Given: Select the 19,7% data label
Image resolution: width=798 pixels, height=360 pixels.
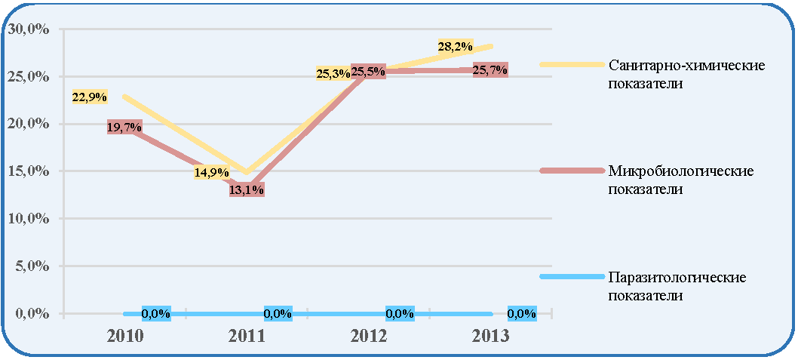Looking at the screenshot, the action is pyautogui.click(x=124, y=127).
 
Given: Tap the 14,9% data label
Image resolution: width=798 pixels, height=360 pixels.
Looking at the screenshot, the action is pyautogui.click(x=211, y=172).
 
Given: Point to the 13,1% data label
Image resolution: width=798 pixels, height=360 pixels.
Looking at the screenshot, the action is pyautogui.click(x=247, y=190).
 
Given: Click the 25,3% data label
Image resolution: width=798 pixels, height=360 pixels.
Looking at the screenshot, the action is pyautogui.click(x=333, y=74).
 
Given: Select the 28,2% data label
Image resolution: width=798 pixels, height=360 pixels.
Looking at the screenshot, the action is pyautogui.click(x=456, y=46).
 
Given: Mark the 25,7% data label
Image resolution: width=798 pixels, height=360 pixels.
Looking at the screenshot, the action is pyautogui.click(x=490, y=69).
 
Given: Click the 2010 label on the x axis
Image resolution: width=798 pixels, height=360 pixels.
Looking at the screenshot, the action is pyautogui.click(x=124, y=337).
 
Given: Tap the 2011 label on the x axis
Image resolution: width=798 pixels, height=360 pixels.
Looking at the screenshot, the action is pyautogui.click(x=247, y=337).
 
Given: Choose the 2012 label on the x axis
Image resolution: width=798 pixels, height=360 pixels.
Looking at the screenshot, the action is pyautogui.click(x=369, y=337).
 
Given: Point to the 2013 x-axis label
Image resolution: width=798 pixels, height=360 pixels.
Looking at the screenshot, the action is pyautogui.click(x=490, y=337).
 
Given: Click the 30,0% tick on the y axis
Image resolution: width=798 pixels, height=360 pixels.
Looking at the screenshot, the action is pyautogui.click(x=28, y=29).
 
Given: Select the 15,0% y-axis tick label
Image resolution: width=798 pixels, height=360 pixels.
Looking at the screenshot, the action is pyautogui.click(x=28, y=171).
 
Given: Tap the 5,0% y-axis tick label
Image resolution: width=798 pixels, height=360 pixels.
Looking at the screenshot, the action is pyautogui.click(x=32, y=266).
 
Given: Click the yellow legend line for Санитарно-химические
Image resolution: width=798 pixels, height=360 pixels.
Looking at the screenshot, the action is pyautogui.click(x=572, y=64).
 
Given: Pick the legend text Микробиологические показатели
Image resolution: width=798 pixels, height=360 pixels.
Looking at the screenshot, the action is pyautogui.click(x=680, y=180).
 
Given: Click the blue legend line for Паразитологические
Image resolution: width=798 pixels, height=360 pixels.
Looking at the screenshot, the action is pyautogui.click(x=572, y=276).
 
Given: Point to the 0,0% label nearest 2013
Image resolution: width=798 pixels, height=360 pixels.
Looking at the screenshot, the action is pyautogui.click(x=522, y=314).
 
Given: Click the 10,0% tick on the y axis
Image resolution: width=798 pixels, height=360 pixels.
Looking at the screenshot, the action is pyautogui.click(x=28, y=218).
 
